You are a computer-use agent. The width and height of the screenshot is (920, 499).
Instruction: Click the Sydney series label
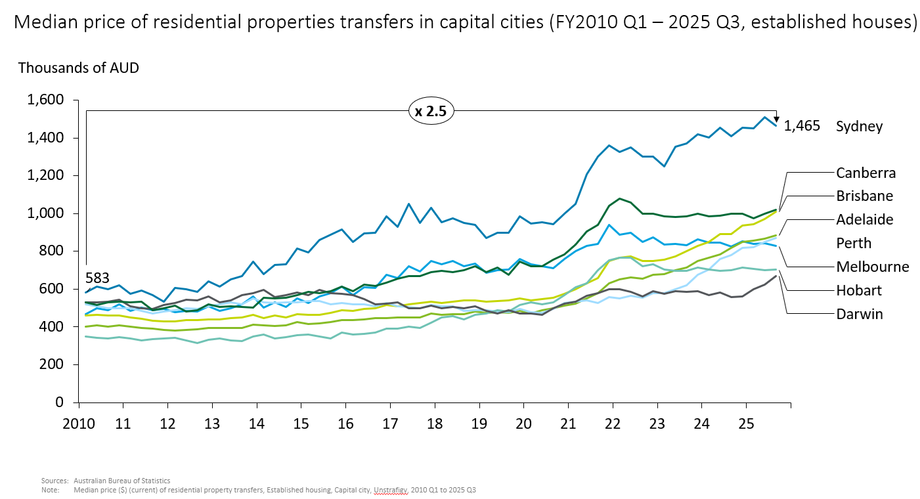859,126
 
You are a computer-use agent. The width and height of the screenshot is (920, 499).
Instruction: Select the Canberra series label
865,173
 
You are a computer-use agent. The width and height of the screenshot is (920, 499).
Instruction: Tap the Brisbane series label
864,196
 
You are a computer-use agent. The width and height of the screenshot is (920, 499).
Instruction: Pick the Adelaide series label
864,219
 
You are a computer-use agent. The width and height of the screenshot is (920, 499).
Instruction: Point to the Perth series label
854,243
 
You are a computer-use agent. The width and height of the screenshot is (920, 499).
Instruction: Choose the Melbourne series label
872,267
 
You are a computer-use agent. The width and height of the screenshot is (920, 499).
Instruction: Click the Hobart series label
859,290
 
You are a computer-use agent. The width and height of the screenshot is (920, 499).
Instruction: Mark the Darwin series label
859,314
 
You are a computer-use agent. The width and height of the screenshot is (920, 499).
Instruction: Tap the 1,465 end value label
802,126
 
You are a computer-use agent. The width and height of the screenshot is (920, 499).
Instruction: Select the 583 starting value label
98,278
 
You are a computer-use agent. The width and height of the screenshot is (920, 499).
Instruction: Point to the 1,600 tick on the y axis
45,100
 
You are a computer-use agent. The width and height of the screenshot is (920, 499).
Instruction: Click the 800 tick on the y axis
51,251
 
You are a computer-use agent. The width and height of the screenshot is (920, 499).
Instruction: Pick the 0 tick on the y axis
59,402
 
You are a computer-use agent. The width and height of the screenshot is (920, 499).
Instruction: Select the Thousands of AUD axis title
78,68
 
